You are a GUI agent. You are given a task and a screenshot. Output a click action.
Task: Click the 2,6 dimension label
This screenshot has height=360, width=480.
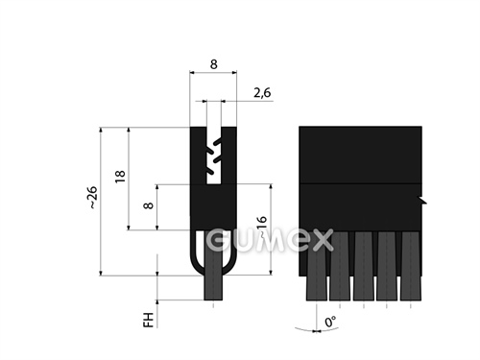262,92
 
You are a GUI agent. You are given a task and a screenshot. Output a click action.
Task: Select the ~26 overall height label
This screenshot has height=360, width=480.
92,197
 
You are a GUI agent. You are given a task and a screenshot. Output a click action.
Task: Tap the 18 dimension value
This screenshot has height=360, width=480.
120,177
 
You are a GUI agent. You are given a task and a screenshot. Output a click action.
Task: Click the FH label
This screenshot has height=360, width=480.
148,320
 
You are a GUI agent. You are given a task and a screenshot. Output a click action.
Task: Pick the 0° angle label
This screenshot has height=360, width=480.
330,322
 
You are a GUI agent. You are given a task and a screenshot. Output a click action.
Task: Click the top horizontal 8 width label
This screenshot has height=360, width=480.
213,64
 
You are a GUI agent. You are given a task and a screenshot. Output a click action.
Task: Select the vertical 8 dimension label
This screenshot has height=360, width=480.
148,205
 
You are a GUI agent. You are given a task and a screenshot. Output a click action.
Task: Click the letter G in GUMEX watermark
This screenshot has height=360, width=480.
220,240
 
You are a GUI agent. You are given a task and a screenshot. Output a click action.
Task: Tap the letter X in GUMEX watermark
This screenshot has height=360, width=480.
321,240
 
